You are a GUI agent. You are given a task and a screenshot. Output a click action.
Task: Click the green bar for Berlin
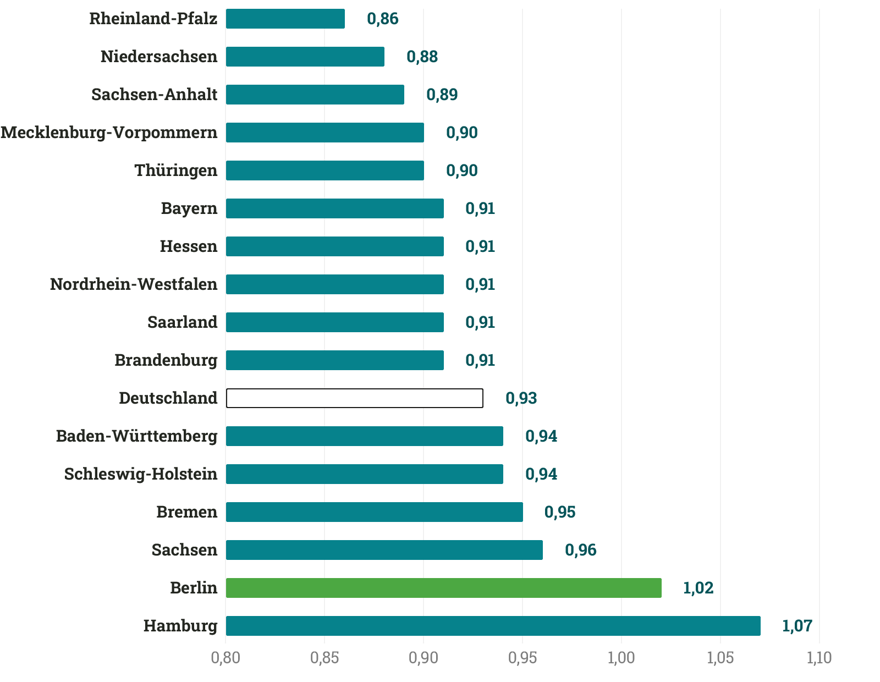(x=443, y=588)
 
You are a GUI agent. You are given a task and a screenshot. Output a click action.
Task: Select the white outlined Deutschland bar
(x=355, y=398)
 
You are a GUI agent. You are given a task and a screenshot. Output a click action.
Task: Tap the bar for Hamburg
(x=493, y=626)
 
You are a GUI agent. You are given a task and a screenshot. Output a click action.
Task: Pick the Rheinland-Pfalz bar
(x=285, y=19)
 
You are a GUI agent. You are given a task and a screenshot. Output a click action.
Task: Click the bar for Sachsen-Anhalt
(x=315, y=95)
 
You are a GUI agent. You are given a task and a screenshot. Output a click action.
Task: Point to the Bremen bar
(x=374, y=512)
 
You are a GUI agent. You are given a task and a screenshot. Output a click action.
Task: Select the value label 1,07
(x=797, y=626)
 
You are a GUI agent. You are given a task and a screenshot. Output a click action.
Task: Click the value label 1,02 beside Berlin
(x=698, y=588)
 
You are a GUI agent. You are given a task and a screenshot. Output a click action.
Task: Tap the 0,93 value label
(x=521, y=398)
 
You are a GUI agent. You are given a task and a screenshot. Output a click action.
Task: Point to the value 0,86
(x=382, y=19)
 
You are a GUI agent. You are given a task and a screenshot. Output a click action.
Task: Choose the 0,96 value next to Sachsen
(x=580, y=550)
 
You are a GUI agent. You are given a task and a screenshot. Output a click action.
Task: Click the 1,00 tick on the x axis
(x=621, y=658)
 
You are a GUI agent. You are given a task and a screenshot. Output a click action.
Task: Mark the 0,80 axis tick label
(x=226, y=658)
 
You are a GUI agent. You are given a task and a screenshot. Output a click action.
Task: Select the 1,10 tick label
(x=819, y=658)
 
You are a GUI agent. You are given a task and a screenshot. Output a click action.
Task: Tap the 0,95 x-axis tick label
(x=522, y=658)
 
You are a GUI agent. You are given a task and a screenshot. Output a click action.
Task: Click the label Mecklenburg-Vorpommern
(x=109, y=133)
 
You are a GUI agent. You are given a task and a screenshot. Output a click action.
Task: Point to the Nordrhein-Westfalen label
(x=134, y=284)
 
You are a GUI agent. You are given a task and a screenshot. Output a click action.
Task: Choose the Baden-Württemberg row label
(x=137, y=436)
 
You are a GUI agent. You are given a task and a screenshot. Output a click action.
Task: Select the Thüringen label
(x=176, y=170)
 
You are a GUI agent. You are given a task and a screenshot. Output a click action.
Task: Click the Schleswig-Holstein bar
(x=364, y=474)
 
